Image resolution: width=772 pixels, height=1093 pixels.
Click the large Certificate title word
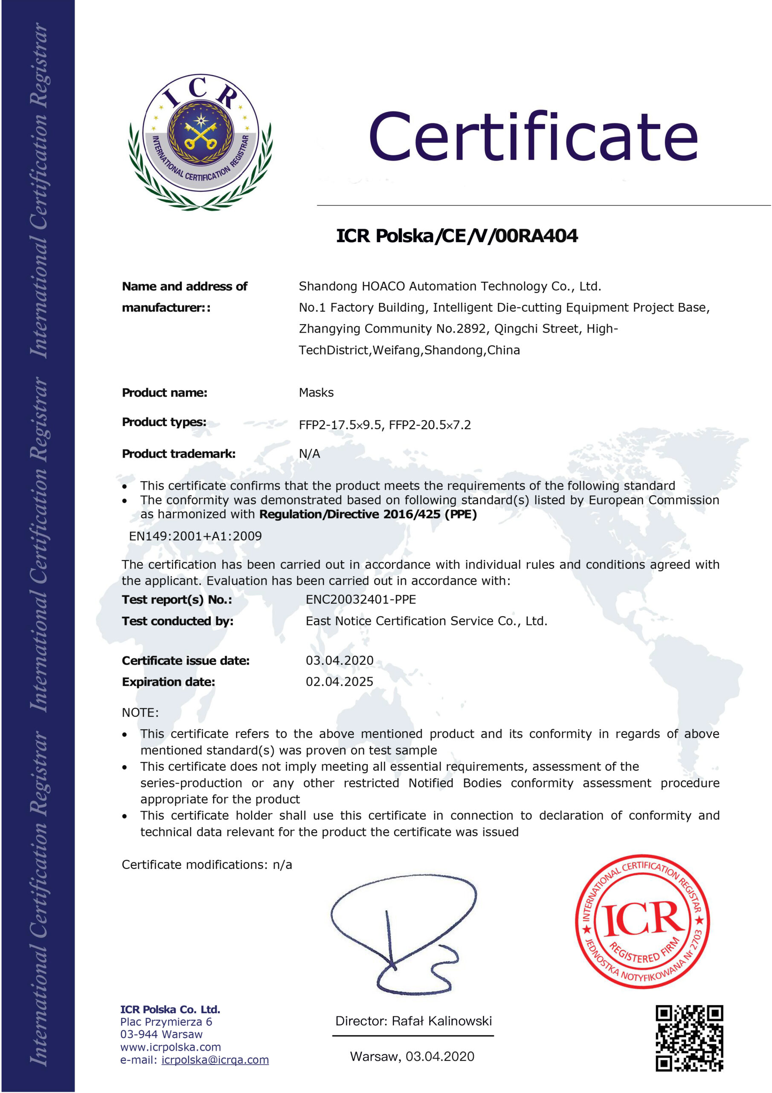pyautogui.click(x=533, y=137)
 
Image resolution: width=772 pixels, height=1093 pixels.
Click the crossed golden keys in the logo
pyautogui.click(x=201, y=135)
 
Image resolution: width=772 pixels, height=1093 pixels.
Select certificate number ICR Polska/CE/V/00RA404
pyautogui.click(x=457, y=236)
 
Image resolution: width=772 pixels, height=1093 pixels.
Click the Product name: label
pyautogui.click(x=165, y=393)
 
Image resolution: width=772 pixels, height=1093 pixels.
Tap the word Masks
pyautogui.click(x=316, y=393)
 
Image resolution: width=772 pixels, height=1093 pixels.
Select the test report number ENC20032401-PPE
pyautogui.click(x=360, y=599)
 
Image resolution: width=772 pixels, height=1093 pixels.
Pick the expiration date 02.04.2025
pyautogui.click(x=339, y=682)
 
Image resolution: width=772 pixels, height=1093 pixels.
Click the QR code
pyautogui.click(x=689, y=1038)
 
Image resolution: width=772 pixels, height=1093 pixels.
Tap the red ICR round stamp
pyautogui.click(x=642, y=922)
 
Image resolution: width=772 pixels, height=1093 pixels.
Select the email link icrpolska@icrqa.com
pyautogui.click(x=215, y=1060)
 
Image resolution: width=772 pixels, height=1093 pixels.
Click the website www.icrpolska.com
pyautogui.click(x=170, y=1047)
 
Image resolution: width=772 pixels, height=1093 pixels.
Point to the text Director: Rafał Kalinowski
pyautogui.click(x=413, y=1021)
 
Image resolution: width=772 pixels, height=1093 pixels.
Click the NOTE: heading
pyautogui.click(x=140, y=713)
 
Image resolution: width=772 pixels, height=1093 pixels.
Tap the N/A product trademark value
pyautogui.click(x=309, y=454)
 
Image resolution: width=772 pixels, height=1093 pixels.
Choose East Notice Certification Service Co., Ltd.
pyautogui.click(x=426, y=621)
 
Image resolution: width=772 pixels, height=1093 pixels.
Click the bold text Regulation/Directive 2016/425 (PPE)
pyautogui.click(x=368, y=514)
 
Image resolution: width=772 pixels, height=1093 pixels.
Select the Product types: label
pyautogui.click(x=164, y=422)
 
